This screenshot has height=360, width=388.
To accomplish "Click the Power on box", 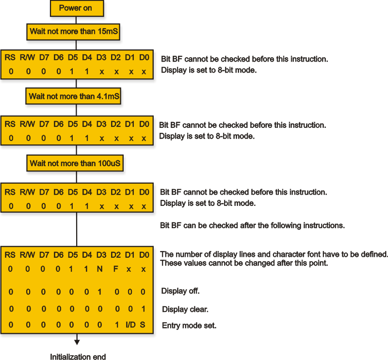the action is (77, 8).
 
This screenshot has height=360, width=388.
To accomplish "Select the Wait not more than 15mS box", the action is (73, 32).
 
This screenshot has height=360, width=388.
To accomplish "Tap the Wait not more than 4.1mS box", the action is (73, 96).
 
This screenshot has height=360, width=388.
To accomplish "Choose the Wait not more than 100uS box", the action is (75, 163).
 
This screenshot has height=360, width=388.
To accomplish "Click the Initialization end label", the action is (78, 356).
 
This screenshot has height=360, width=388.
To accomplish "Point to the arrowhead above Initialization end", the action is (77, 342).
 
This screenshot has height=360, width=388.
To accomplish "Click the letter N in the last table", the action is (100, 269).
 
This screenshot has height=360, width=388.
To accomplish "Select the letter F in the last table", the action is (115, 269).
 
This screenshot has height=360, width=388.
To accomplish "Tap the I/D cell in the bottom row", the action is (130, 325).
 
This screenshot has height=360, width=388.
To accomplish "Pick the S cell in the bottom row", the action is (143, 325).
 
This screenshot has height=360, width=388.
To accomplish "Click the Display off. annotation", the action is (180, 291).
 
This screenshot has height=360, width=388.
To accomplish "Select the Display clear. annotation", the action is (185, 309).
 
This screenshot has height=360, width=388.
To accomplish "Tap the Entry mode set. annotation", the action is (189, 326).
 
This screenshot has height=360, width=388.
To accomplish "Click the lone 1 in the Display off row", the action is (99, 292).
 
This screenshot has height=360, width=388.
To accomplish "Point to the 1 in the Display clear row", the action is (143, 309).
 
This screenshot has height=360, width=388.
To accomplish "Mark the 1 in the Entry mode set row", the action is (117, 325).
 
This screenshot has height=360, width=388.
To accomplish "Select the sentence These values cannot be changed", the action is (244, 263).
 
